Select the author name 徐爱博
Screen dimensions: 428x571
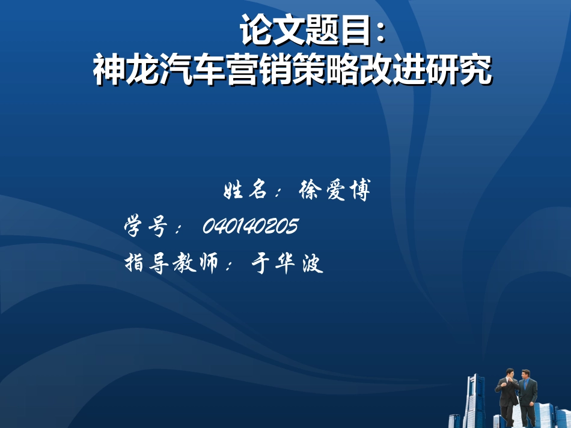(334, 191)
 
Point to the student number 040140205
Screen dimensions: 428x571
(250, 226)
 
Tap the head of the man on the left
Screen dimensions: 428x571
(510, 373)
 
